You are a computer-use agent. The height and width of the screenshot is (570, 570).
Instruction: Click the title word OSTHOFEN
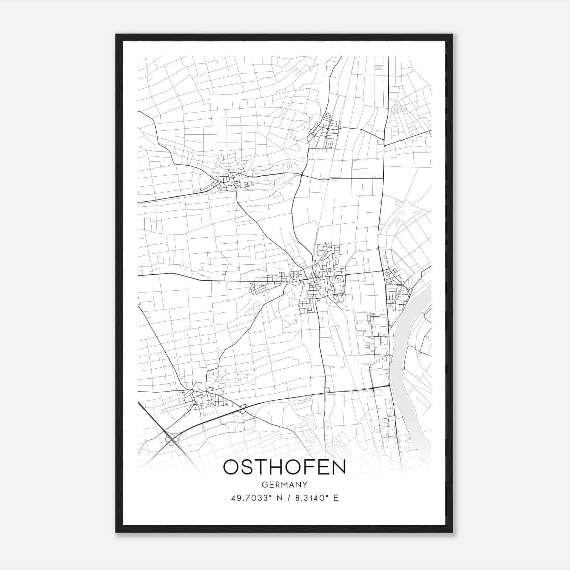284,467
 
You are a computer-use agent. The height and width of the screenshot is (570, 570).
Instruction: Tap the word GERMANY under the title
284,485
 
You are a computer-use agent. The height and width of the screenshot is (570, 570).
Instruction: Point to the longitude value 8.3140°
310,498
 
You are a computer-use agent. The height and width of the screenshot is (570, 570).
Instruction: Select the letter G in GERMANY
264,485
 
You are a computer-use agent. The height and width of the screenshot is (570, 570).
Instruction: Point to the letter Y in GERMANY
305,485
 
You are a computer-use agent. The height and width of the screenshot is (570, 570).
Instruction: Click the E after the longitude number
336,498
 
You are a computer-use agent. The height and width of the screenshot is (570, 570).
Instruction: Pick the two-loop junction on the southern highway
244,409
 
